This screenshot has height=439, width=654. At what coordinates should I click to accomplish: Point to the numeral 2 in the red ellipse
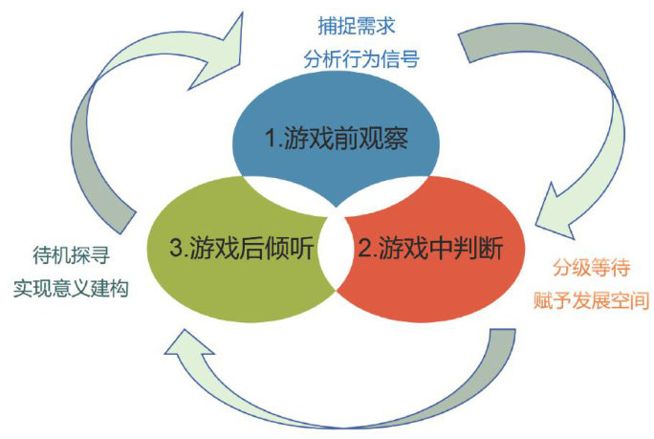(364, 250)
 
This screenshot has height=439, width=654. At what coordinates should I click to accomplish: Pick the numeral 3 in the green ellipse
(175, 250)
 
